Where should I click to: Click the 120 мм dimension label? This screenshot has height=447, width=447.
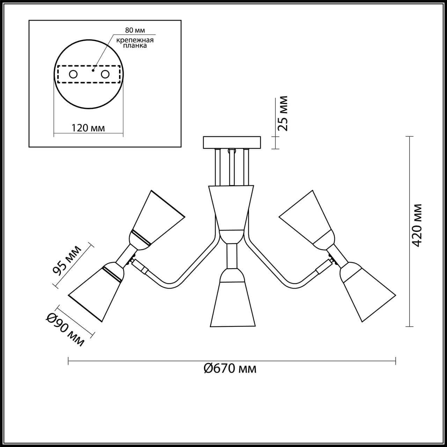click(x=88, y=128)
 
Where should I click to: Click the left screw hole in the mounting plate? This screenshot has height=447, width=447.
click(x=73, y=74)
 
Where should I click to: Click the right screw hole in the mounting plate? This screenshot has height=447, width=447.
click(x=105, y=74)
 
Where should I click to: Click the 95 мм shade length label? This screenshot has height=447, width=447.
click(x=66, y=260)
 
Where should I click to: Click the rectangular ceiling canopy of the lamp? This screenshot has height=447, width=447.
click(x=232, y=142)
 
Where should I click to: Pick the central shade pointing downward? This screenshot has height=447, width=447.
click(x=232, y=304)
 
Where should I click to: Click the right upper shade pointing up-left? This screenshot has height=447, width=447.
click(x=307, y=217)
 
